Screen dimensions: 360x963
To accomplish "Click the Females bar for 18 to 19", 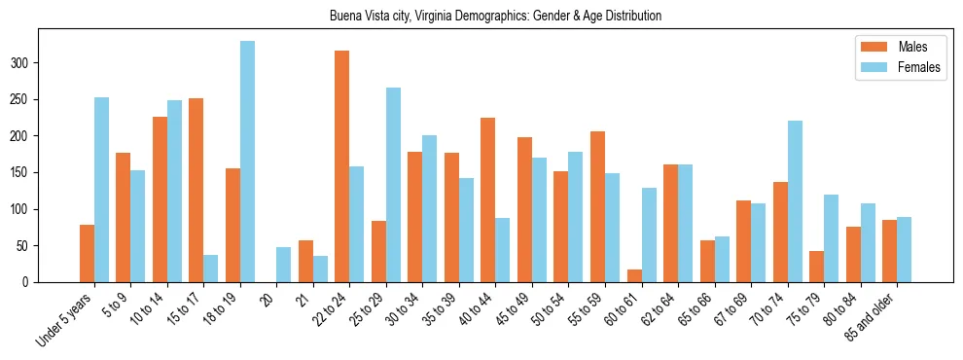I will [x=247, y=162].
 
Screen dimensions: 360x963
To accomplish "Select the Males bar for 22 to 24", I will [x=341, y=166].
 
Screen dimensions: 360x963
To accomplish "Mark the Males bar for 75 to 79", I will [x=816, y=267].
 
